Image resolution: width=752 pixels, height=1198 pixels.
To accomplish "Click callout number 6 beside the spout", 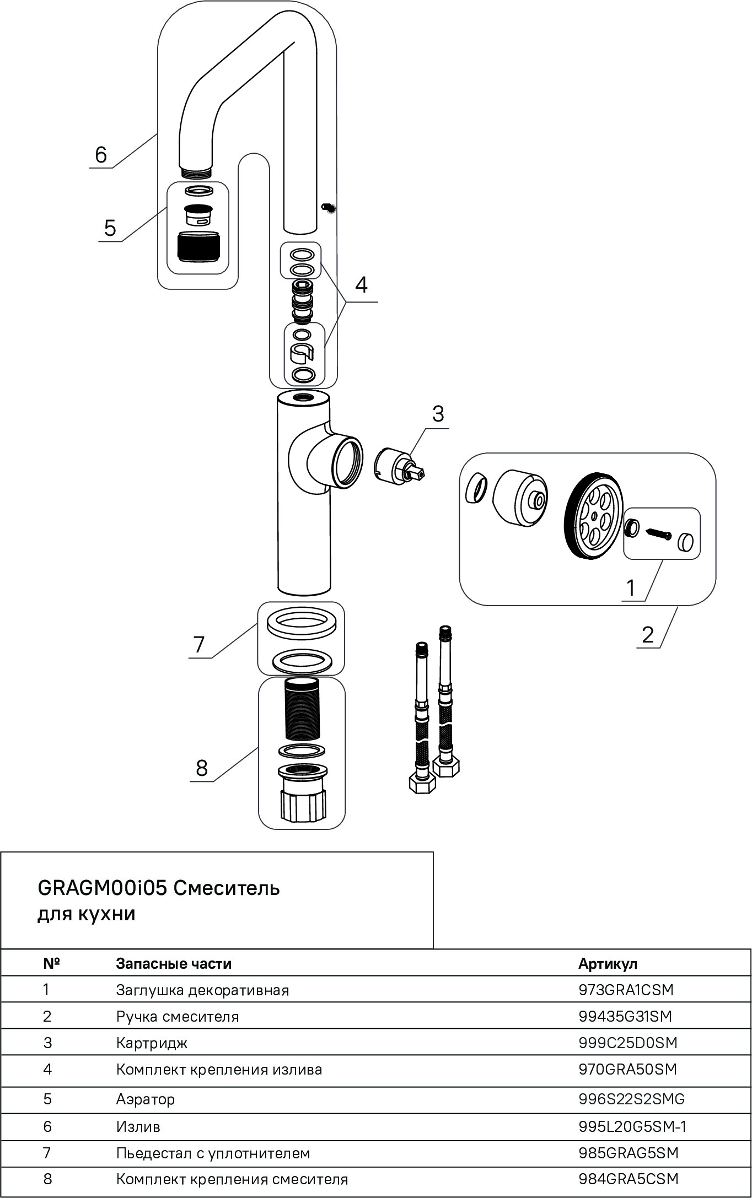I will tap(100, 155).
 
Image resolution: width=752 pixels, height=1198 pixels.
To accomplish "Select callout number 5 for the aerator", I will tap(110, 228).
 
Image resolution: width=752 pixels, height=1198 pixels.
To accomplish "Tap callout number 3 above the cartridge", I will tap(438, 414).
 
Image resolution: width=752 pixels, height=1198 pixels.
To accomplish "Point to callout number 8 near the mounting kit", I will tap(202, 768).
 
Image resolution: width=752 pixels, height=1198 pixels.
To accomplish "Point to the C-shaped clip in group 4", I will tap(302, 353).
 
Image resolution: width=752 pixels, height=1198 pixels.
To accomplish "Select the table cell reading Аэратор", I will tap(146, 1099).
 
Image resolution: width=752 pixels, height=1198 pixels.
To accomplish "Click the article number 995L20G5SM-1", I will tap(632, 1127).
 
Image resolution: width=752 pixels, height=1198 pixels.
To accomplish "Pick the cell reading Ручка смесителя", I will tap(178, 1016).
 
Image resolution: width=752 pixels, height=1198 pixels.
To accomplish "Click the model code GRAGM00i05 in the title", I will tap(101, 888).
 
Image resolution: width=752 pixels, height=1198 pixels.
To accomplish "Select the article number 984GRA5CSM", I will tap(629, 1179).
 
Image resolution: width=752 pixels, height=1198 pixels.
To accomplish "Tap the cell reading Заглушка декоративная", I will tap(202, 990).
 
